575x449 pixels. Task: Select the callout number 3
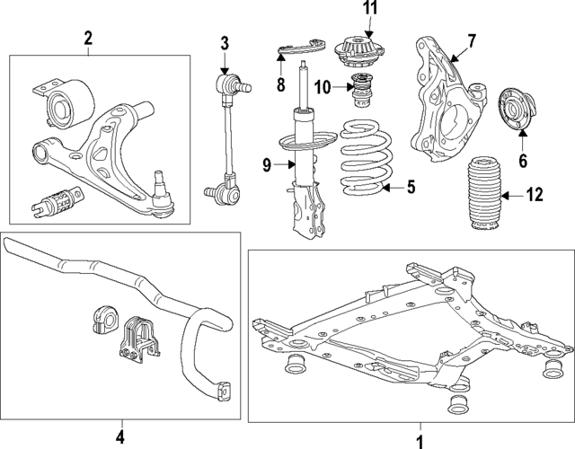tap(225, 41)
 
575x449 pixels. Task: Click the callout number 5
tap(410, 187)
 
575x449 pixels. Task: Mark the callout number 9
tap(266, 163)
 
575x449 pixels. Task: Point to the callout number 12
tap(535, 194)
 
